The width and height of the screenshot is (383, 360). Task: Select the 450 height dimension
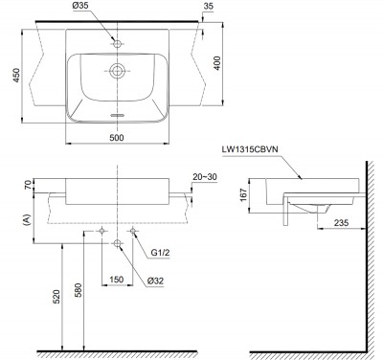click(x=11, y=73)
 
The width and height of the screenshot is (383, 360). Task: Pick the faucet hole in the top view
click(x=117, y=44)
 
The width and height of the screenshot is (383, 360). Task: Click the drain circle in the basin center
click(x=117, y=70)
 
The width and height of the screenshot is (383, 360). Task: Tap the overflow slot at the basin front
click(x=117, y=115)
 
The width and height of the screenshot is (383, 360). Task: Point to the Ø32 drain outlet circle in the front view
click(x=117, y=245)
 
